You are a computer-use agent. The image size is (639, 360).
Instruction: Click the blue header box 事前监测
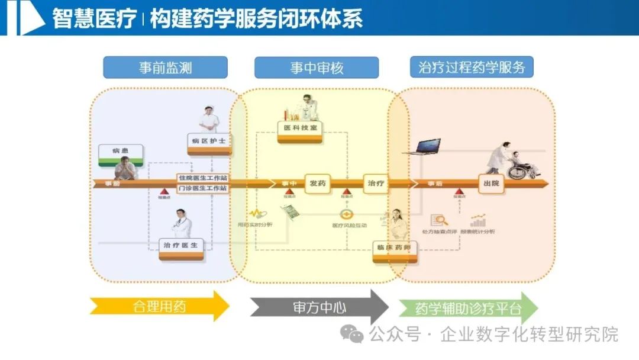click(166, 67)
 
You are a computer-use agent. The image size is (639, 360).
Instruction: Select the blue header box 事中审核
click(317, 67)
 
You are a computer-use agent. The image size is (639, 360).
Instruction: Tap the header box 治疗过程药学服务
click(472, 67)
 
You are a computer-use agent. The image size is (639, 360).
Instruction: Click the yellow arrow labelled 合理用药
click(159, 307)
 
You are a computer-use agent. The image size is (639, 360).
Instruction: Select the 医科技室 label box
click(300, 128)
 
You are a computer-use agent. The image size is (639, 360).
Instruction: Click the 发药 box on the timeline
click(317, 183)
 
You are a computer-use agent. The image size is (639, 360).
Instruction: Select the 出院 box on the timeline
click(491, 183)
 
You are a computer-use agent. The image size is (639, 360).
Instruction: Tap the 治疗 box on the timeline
click(376, 183)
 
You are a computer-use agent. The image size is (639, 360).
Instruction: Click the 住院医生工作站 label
click(202, 178)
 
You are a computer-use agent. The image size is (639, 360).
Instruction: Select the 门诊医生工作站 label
click(202, 188)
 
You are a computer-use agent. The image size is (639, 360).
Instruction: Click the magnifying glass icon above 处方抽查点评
click(440, 220)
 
